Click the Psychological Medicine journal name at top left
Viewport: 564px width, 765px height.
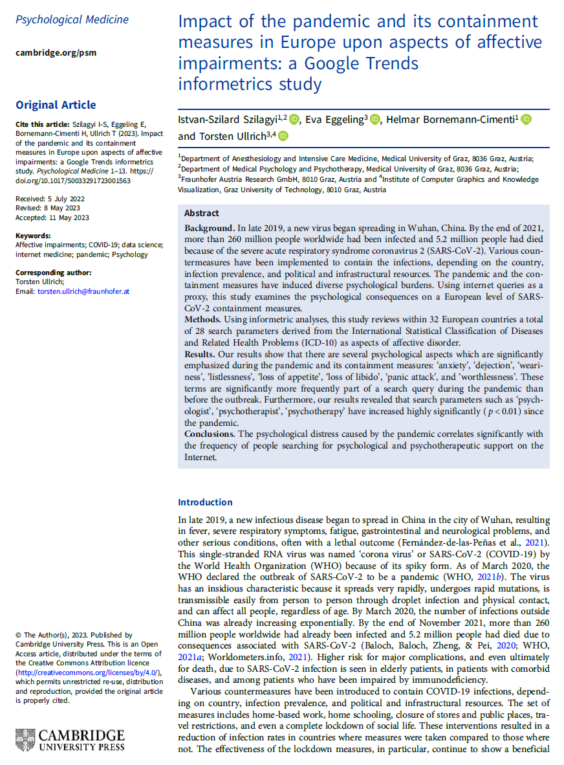pyautogui.click(x=72, y=19)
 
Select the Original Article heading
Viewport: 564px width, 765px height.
pyautogui.click(x=56, y=105)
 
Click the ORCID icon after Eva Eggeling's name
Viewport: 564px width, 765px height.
pyautogui.click(x=376, y=119)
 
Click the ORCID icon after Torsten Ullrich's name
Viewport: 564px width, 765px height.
pyautogui.click(x=283, y=136)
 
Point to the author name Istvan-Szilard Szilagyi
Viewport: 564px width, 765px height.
pyautogui.click(x=229, y=120)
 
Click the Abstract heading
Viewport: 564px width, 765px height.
pyautogui.click(x=202, y=213)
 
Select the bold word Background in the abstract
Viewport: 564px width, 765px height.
pyautogui.click(x=208, y=228)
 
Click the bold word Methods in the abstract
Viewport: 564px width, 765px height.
pyautogui.click(x=202, y=320)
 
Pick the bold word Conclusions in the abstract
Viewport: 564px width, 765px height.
pyautogui.click(x=210, y=434)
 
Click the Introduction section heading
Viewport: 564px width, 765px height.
pyautogui.click(x=205, y=502)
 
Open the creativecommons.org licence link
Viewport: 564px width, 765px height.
pyautogui.click(x=87, y=673)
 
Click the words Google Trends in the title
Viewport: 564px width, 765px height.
pyautogui.click(x=371, y=64)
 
